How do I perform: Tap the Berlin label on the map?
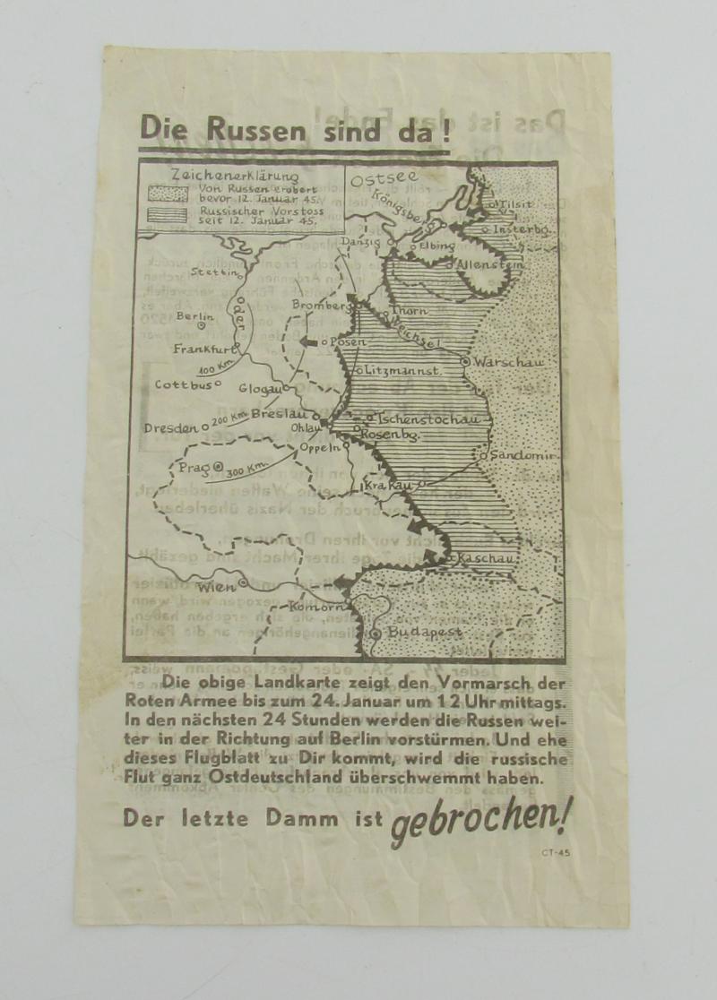click(x=194, y=315)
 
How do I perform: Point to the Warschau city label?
click(x=506, y=361)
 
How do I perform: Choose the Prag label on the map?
click(x=194, y=468)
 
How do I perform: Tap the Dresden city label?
click(x=171, y=428)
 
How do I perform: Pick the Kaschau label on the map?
click(x=485, y=559)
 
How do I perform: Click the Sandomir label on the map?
click(x=524, y=455)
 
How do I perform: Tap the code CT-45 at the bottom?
click(x=555, y=852)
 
